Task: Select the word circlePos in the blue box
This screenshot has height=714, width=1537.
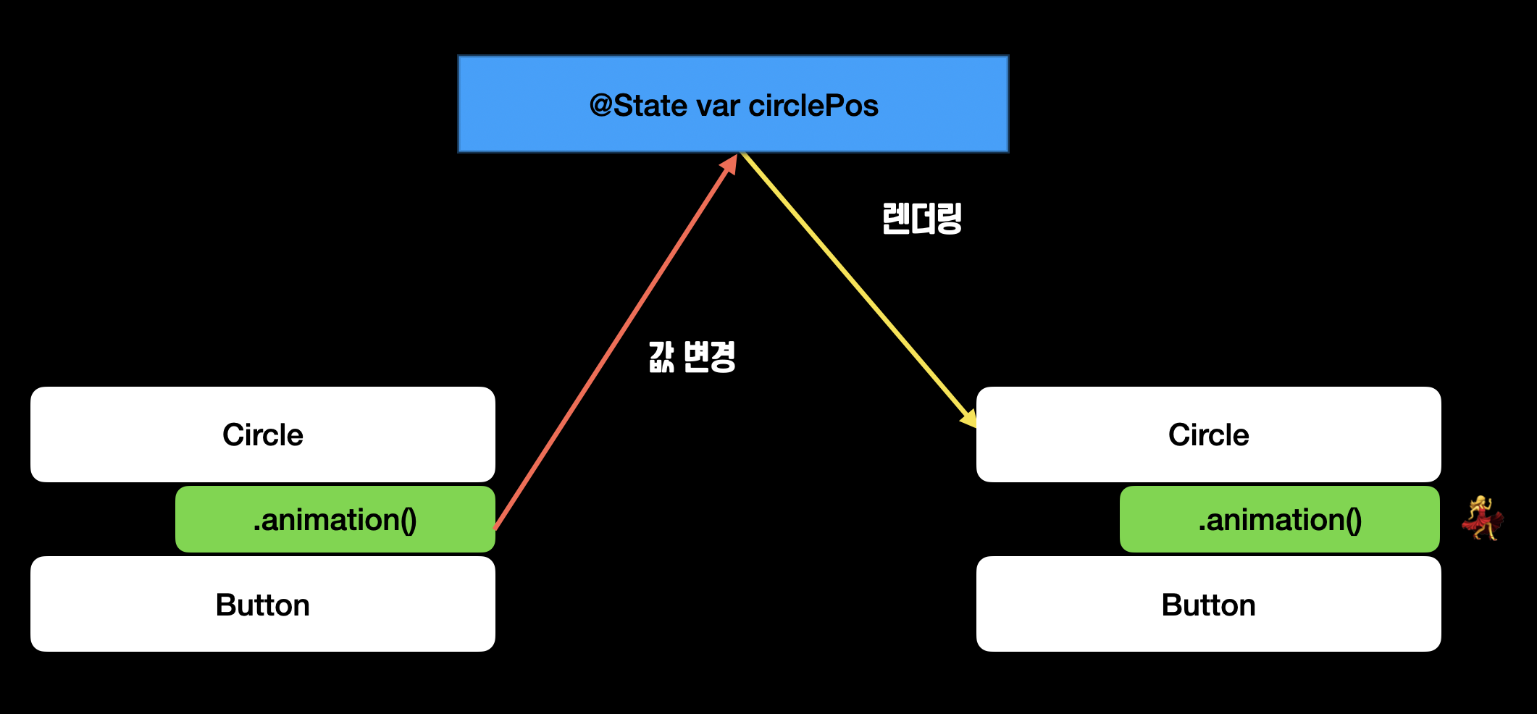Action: pos(813,106)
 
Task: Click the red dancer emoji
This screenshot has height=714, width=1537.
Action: pos(1482,518)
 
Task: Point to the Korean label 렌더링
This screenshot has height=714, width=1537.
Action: pos(921,218)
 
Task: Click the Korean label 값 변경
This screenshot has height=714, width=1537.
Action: pos(692,356)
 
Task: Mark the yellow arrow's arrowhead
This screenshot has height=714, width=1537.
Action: pos(968,419)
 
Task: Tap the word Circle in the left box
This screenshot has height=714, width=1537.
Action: pos(263,434)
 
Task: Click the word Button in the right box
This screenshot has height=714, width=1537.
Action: pos(1208,605)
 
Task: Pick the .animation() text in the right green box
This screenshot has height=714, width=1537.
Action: pos(1280,519)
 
